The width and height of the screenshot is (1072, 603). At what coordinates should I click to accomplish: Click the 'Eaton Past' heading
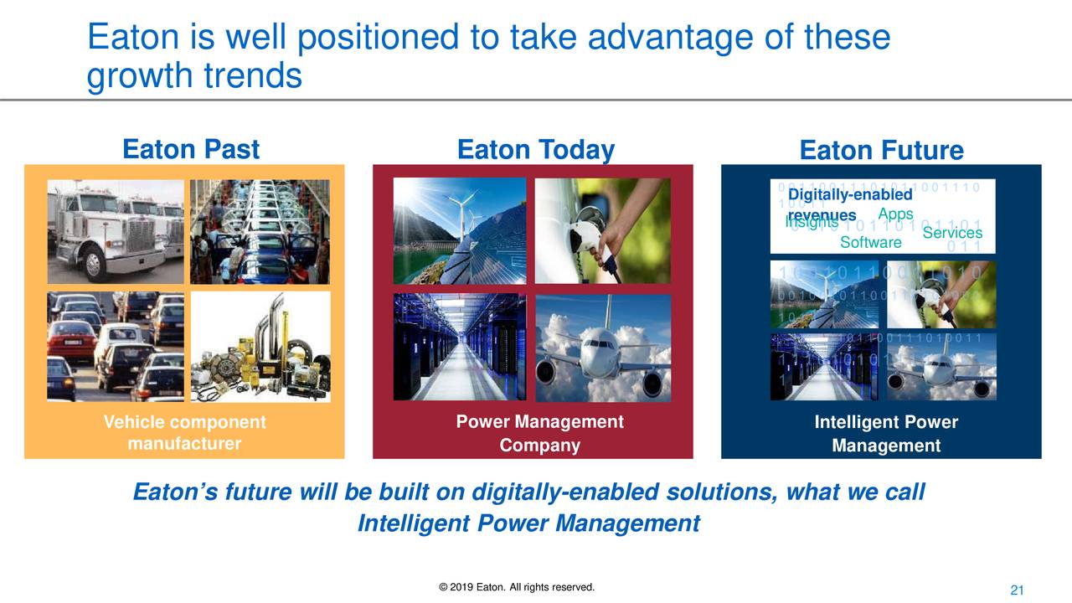191,150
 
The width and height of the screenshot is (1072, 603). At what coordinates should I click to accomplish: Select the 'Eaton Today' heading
535,150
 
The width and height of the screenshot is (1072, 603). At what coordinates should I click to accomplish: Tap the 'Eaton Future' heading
881,151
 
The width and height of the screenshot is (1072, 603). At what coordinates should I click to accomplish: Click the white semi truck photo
115,231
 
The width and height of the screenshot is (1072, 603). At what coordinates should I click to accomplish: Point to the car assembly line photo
260,231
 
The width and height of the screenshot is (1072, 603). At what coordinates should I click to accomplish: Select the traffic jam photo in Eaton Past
115,347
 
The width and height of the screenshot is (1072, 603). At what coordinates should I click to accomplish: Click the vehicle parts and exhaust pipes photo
260,347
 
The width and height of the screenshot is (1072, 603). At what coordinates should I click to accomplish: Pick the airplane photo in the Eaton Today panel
603,347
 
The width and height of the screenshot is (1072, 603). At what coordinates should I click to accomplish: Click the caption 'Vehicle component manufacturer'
184,433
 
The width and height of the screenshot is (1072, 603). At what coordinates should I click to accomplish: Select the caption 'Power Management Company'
539,433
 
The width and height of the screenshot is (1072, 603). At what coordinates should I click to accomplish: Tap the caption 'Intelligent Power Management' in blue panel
885,434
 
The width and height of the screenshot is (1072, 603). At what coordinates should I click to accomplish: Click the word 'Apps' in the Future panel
895,214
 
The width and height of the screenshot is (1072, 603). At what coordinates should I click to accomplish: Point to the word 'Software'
870,243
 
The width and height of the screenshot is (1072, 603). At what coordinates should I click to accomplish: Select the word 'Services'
951,233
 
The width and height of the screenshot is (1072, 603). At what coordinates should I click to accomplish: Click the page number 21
1018,591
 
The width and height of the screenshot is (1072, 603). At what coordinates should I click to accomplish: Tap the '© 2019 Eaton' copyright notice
516,585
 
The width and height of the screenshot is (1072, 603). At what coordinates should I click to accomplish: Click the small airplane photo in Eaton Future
942,367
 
